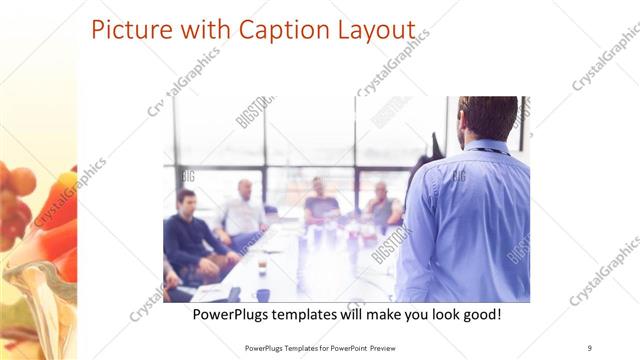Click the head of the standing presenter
point(488,118)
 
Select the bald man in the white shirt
point(243,210)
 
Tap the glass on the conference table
point(262,267)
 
